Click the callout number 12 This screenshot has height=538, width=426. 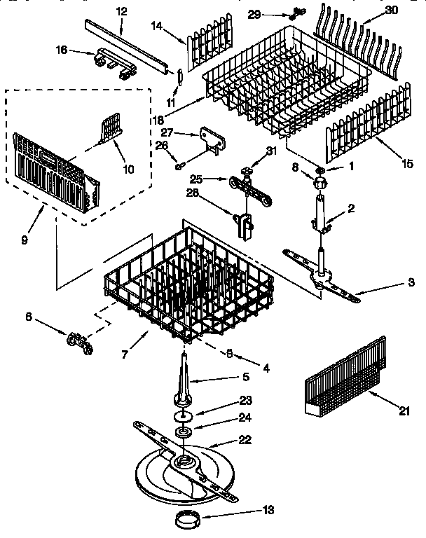coord(121,11)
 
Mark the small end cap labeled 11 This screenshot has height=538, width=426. coord(178,76)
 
